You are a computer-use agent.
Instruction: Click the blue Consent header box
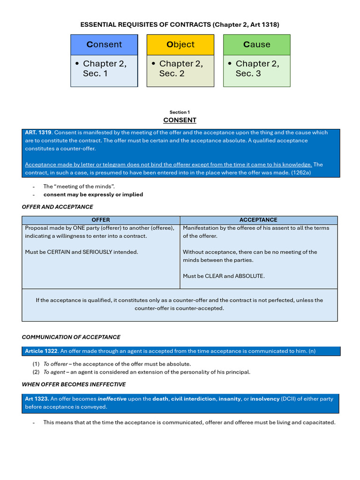click(x=104, y=45)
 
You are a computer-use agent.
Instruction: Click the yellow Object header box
click(x=180, y=45)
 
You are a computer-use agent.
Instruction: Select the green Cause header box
click(x=256, y=45)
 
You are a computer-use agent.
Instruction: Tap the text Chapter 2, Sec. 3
click(x=257, y=68)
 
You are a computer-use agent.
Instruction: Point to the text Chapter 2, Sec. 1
click(x=104, y=68)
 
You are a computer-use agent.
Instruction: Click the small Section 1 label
click(x=180, y=112)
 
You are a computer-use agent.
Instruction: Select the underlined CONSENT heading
click(x=180, y=120)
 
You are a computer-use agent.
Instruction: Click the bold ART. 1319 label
click(x=38, y=133)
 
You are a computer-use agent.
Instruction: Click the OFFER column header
click(x=101, y=220)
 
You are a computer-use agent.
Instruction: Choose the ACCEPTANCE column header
click(x=258, y=220)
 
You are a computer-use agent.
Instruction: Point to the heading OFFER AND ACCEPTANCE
click(x=57, y=207)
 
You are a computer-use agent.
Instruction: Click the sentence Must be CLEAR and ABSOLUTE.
click(x=224, y=276)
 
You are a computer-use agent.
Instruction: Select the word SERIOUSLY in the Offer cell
click(x=97, y=252)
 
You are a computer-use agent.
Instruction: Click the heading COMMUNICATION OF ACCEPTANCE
click(x=71, y=337)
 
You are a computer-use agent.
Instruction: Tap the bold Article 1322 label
click(x=41, y=351)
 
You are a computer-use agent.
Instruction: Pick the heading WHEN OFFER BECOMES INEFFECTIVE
click(x=74, y=384)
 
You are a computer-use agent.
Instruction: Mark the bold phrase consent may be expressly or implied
click(x=93, y=195)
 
